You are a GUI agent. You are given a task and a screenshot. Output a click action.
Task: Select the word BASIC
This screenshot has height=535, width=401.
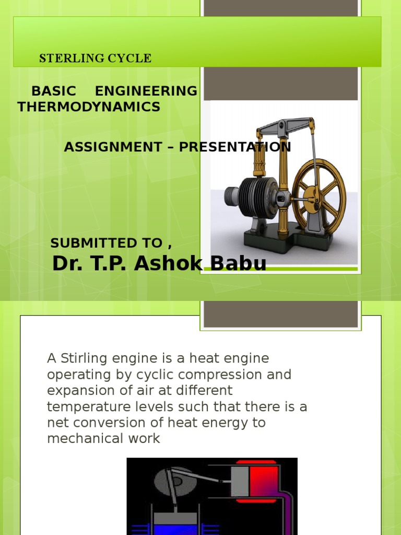coord(54,91)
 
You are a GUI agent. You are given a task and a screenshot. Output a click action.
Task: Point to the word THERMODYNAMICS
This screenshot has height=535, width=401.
coord(89,107)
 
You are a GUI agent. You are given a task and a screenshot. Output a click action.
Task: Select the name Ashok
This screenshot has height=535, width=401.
coord(167,264)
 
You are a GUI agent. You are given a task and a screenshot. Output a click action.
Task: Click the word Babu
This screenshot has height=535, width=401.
coord(237,264)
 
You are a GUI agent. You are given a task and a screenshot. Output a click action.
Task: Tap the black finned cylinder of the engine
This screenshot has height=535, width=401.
coord(257,196)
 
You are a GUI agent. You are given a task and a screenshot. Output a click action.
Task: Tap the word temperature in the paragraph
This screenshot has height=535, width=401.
coord(80,407)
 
